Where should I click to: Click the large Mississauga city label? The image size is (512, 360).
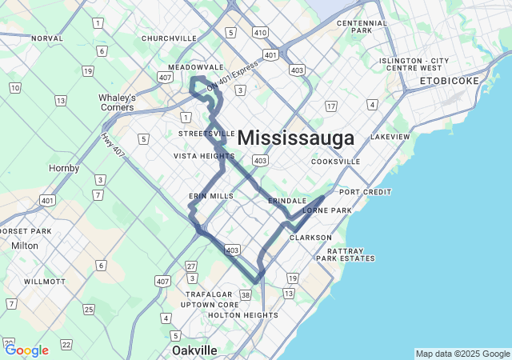pos(296,138)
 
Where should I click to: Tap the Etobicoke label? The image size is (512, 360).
pos(450,81)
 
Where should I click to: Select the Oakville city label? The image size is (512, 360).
pos(194,350)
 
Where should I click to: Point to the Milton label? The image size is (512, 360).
pos(25,246)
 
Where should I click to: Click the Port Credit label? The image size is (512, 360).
pos(366,192)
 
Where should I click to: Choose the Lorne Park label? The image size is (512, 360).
pos(326,210)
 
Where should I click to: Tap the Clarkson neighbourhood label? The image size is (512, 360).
pos(310,238)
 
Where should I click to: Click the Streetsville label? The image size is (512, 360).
pos(207,133)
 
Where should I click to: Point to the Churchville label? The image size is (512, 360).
pos(169,38)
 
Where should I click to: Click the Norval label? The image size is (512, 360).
pos(46,38)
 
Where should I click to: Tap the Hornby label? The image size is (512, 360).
pos(64,168)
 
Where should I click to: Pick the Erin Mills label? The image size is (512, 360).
pos(211,195)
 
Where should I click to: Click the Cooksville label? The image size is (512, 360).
pos(336,161)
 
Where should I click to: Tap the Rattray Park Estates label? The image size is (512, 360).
pos(345,254)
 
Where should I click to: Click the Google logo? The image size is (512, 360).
pos(26,350)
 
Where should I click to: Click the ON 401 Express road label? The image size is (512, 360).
pos(233,76)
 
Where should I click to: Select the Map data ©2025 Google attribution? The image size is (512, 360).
pos(462,354)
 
